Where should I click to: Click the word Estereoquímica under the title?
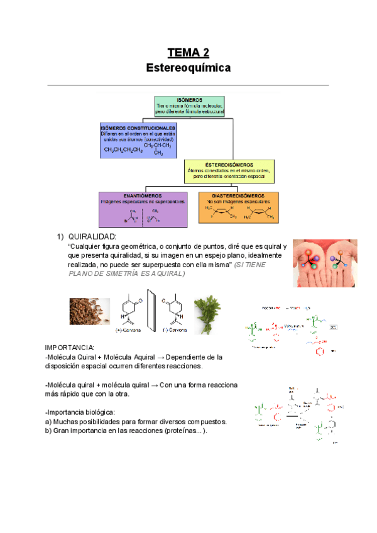click(188, 67)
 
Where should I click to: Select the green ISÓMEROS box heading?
click(189, 100)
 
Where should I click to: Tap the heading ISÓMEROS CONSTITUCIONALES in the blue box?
click(138, 128)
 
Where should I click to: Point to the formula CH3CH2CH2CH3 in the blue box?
click(123, 150)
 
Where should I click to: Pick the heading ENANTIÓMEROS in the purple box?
click(143, 195)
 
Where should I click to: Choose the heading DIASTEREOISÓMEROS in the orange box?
click(238, 195)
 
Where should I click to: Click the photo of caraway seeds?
click(90, 311)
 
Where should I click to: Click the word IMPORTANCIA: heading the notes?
click(70, 348)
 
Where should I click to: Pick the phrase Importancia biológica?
click(80, 412)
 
